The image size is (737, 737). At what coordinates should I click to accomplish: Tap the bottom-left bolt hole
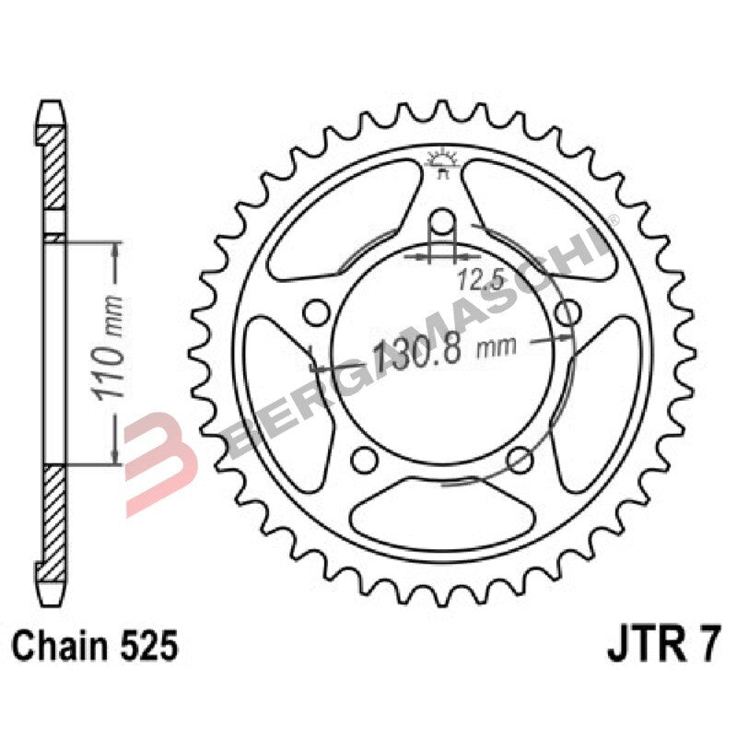tap(365, 458)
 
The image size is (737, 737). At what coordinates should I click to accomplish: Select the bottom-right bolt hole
tap(521, 458)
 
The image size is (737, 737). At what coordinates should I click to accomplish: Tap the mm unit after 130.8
tap(496, 349)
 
